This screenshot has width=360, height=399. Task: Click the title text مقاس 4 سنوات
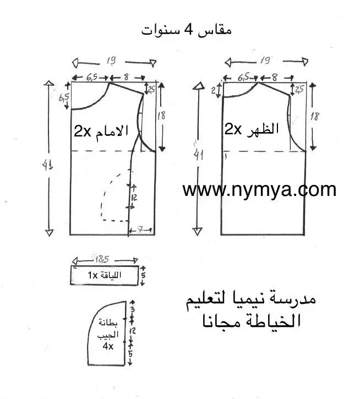point(186,29)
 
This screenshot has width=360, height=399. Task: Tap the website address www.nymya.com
point(259,189)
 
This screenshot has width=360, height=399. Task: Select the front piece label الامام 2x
point(101,131)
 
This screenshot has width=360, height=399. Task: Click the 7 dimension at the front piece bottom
point(141,227)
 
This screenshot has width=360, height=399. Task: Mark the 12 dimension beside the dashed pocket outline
point(134,196)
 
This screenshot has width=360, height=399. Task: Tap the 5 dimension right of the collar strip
point(144,274)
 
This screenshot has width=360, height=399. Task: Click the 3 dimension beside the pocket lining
point(132,310)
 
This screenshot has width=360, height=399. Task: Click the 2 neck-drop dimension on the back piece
point(214,91)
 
